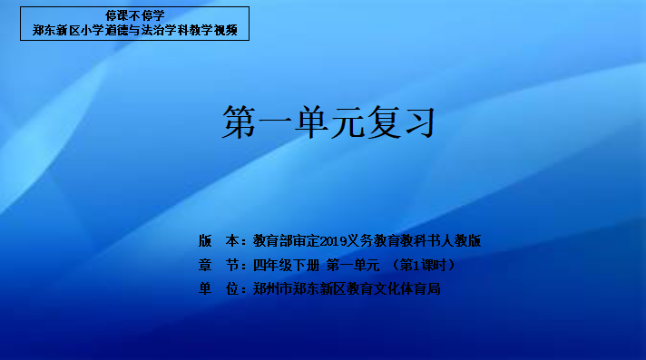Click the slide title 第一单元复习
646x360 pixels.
tap(328, 122)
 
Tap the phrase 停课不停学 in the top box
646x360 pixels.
tap(134, 15)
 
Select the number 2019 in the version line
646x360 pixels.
tap(333, 241)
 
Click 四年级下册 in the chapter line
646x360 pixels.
tap(287, 266)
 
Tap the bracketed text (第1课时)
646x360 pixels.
tap(423, 266)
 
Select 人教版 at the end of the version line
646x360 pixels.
tap(461, 241)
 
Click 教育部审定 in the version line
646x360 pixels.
tap(287, 241)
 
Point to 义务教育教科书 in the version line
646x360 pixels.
tap(394, 241)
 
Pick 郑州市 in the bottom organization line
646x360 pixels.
tap(273, 288)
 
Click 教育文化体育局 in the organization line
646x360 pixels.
tap(394, 288)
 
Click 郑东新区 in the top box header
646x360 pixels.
tap(56, 30)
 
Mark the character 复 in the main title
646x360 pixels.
tap(383, 122)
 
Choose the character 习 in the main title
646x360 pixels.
tap(419, 122)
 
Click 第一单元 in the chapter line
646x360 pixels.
tap(353, 266)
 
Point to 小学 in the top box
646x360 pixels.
tap(93, 30)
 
